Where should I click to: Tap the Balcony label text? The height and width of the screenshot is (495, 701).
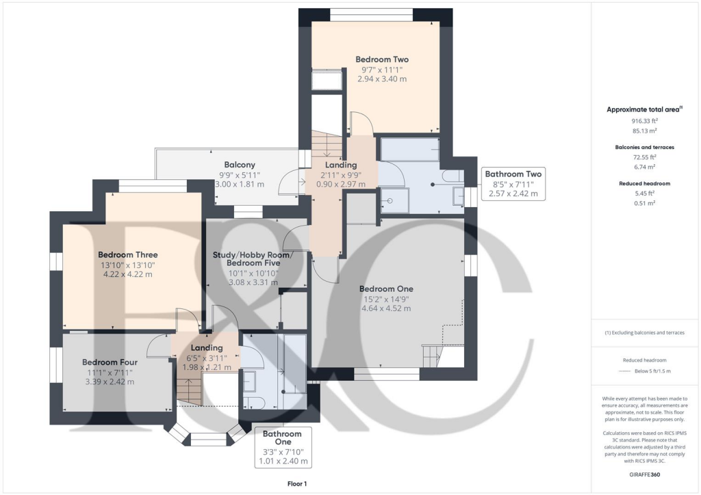pos(240,165)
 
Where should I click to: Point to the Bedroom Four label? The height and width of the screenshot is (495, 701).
pos(110,362)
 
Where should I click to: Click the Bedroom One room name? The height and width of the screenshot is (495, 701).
pos(386,289)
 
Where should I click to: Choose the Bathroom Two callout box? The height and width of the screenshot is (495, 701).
pos(513,184)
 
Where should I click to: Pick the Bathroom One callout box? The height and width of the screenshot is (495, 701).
pos(283,447)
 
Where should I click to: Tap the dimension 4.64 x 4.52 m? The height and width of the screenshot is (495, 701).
pos(386,308)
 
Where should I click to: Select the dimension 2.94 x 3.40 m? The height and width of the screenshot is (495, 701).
pos(382,79)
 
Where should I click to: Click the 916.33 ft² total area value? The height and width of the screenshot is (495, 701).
pos(643,120)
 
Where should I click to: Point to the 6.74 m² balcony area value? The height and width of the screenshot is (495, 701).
pos(643,166)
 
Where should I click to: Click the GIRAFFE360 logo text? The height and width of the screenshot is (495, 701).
pos(644,474)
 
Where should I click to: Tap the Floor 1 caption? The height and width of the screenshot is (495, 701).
pos(298,483)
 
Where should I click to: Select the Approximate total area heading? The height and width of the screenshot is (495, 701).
pos(643,109)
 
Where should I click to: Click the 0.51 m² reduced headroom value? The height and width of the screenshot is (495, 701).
pos(643,202)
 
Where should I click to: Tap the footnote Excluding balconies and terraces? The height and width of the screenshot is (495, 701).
pos(644,333)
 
